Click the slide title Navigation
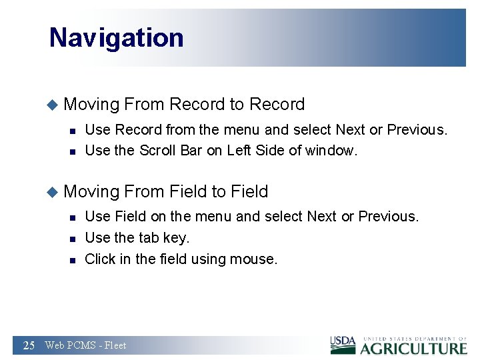[x=116, y=38]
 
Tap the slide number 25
[x=29, y=345]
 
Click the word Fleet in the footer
[x=115, y=345]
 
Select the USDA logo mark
[x=343, y=345]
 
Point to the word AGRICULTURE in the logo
[x=413, y=348]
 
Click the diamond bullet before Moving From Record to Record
[x=53, y=105]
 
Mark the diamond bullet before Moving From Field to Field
[x=53, y=192]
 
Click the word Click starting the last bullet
[x=100, y=259]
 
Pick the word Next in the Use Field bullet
[x=322, y=217]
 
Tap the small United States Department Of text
[x=413, y=339]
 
